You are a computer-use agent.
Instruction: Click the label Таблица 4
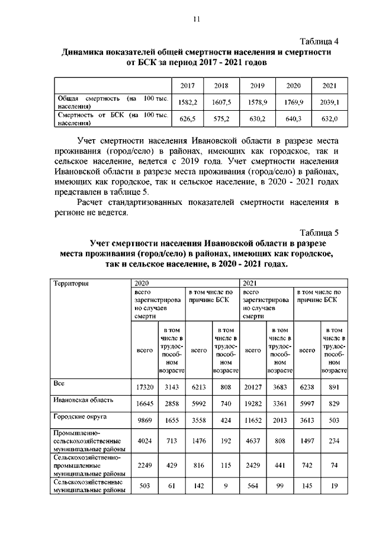click(x=319, y=41)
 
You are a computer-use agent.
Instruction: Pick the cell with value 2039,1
click(x=330, y=102)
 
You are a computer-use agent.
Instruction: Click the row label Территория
click(x=71, y=283)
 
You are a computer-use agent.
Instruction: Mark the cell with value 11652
click(x=253, y=420)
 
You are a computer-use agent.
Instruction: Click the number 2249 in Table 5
click(x=145, y=466)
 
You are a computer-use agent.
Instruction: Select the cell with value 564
click(x=253, y=487)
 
